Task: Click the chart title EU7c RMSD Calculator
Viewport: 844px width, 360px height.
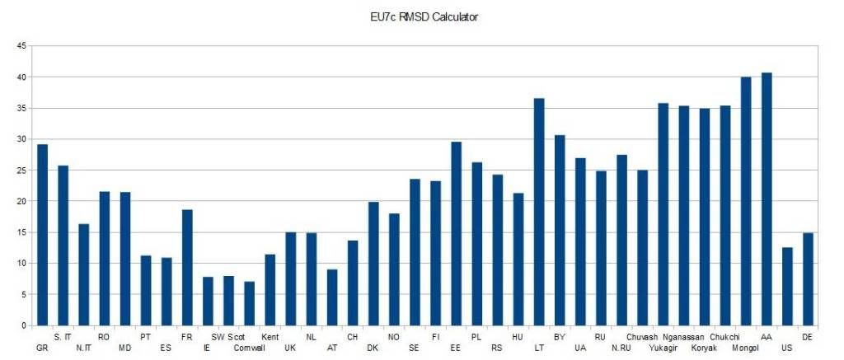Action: pos(424,16)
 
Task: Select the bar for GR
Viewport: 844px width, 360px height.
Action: pos(43,235)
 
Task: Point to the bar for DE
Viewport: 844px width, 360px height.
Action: pos(808,279)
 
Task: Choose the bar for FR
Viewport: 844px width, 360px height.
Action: pos(187,268)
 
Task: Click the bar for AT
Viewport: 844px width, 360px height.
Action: pos(332,297)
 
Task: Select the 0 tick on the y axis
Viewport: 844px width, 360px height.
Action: pos(23,325)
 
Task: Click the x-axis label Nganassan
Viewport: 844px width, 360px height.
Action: pos(684,337)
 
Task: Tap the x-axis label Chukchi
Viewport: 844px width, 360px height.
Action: pos(724,337)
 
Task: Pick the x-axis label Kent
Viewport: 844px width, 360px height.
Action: pos(270,337)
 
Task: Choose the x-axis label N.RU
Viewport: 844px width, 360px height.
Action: pos(621,348)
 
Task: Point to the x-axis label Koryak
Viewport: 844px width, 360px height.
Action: pos(704,348)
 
